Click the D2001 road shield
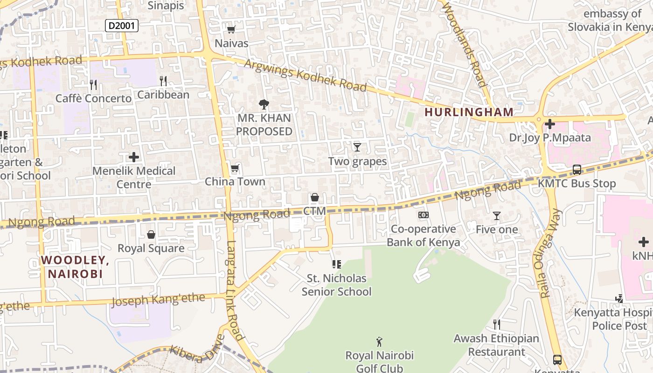(121, 26)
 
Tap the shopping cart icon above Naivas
(231, 30)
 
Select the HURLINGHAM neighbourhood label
(469, 112)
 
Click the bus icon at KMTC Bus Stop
(577, 170)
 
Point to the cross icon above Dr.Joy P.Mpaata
(550, 124)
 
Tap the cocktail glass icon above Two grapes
(357, 147)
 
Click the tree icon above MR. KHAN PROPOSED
(264, 104)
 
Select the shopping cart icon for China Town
(235, 168)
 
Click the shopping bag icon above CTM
(314, 198)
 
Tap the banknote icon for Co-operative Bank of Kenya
(424, 215)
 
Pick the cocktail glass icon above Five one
(497, 216)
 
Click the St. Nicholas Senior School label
(336, 285)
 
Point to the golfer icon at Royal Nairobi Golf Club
(379, 342)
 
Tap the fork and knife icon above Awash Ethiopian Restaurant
(497, 325)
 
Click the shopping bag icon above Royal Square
(151, 235)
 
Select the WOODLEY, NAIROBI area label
(75, 267)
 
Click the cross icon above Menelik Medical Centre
(134, 157)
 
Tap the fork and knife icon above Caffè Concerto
(93, 84)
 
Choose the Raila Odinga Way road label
(551, 254)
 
